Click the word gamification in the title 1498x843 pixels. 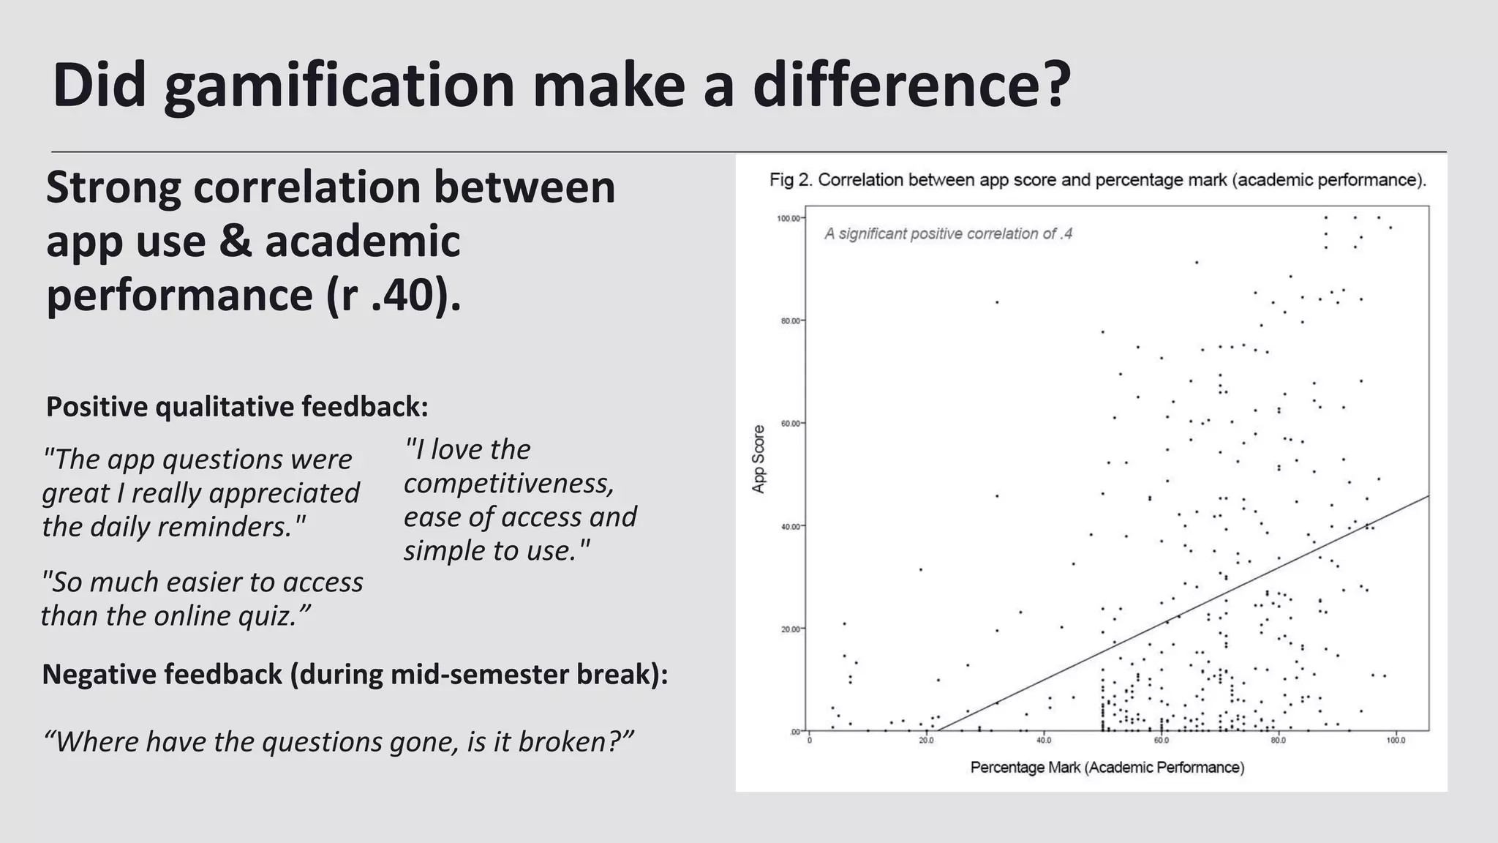[340, 86]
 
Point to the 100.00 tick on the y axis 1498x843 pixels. [788, 218]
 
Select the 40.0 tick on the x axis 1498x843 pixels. [1044, 741]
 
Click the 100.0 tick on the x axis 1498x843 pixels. [1396, 741]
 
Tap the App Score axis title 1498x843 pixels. [759, 459]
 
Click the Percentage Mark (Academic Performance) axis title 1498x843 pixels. [1107, 768]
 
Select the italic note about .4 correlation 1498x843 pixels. [948, 234]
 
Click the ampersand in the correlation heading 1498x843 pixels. [235, 241]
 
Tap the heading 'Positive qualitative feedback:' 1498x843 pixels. [237, 407]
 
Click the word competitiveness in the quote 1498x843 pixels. [509, 484]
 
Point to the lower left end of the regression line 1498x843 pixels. [938, 730]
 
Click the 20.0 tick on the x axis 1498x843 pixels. [926, 741]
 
